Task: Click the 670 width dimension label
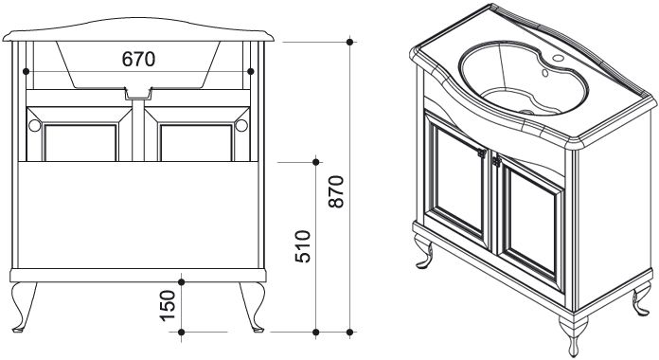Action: point(138,60)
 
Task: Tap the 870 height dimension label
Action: point(336,191)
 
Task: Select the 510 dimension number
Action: point(302,246)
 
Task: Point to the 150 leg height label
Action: point(168,306)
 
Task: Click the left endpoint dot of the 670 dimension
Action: point(27,71)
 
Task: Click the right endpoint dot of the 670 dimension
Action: point(251,71)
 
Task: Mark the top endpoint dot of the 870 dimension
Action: point(349,42)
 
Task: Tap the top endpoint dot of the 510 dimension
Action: point(316,162)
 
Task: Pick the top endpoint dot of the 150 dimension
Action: point(182,281)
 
